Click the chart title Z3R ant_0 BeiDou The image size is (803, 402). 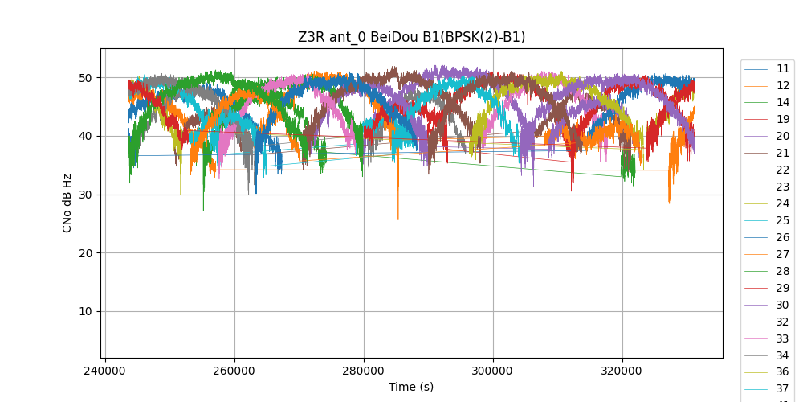[x=411, y=37]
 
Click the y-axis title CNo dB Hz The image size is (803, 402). [x=67, y=203]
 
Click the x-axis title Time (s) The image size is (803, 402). [x=411, y=387]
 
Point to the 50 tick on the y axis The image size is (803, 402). [x=85, y=78]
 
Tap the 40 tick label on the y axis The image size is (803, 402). [x=85, y=136]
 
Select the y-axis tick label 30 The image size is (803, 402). [x=85, y=195]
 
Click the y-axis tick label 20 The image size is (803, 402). [x=85, y=253]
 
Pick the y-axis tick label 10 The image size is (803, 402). [x=85, y=312]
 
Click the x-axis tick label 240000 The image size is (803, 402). [x=105, y=372]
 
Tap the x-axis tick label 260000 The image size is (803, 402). [x=234, y=372]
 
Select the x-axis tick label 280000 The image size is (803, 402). [x=364, y=372]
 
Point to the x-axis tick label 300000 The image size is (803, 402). [x=493, y=372]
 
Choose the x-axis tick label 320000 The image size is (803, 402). [x=622, y=372]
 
